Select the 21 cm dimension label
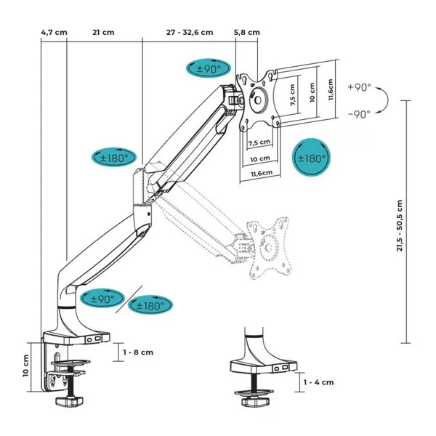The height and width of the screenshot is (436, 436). (103, 33)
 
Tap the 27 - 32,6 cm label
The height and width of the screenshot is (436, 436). (190, 33)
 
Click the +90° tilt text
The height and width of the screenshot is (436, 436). (359, 86)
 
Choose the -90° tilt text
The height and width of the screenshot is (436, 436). (359, 113)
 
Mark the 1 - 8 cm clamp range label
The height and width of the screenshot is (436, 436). (138, 352)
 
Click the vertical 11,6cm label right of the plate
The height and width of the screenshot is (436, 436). (331, 91)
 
